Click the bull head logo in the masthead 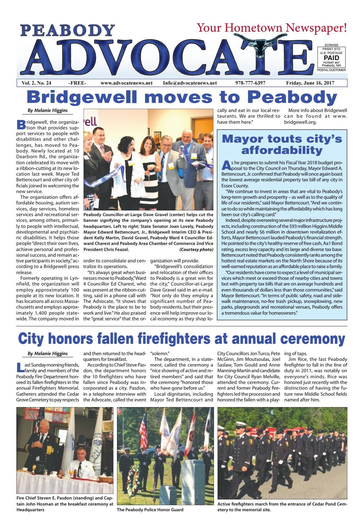[x=265, y=41]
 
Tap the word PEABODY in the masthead [x=65, y=31]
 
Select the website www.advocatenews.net [x=127, y=83]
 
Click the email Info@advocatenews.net [x=190, y=83]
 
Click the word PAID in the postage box [x=331, y=58]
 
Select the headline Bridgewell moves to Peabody [x=182, y=97]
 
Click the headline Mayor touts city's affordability [x=282, y=144]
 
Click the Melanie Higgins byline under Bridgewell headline [x=48, y=111]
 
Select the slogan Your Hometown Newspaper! [x=272, y=27]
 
